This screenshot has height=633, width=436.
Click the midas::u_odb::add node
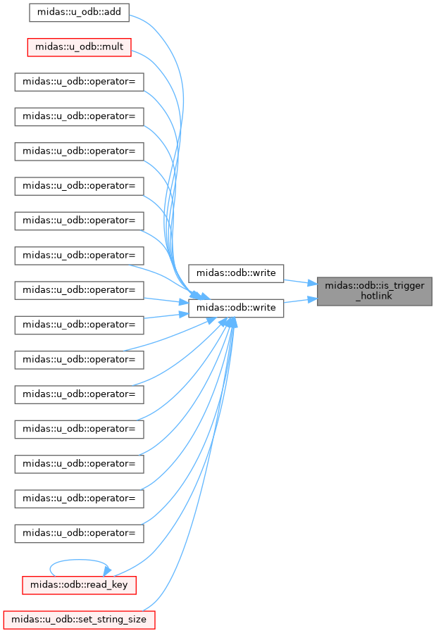click(x=79, y=13)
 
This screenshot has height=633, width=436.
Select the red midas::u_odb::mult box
click(x=79, y=47)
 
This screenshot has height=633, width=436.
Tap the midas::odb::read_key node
click(x=79, y=585)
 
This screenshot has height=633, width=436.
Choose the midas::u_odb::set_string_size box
click(x=79, y=620)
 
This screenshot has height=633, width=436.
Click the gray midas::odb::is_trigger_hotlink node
click(x=374, y=291)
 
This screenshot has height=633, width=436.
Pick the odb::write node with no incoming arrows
click(x=236, y=273)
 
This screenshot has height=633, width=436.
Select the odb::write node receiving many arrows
click(x=236, y=308)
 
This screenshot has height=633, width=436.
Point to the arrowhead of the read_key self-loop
click(x=107, y=571)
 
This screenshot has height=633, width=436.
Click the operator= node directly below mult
click(x=79, y=82)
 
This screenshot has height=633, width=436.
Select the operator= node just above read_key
click(x=79, y=533)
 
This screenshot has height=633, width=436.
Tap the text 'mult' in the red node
click(x=113, y=47)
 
